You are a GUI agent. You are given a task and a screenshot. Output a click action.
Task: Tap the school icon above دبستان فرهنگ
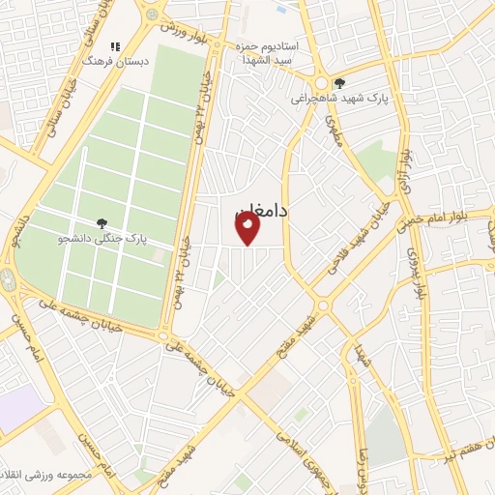[x=115, y=46]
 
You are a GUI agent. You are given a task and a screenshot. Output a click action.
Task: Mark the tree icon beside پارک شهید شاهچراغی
[x=338, y=82]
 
